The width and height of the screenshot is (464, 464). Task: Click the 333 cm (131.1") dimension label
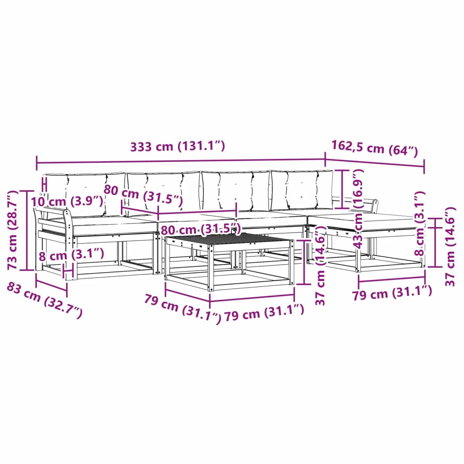click(178, 146)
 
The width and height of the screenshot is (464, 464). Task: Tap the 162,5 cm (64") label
click(374, 149)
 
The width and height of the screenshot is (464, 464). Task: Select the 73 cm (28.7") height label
click(13, 230)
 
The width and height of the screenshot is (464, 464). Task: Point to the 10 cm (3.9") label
click(67, 201)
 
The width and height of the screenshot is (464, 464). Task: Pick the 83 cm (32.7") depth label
click(44, 300)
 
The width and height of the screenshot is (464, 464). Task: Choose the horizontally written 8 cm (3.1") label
click(71, 255)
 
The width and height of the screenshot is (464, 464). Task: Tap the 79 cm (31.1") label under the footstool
click(392, 293)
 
